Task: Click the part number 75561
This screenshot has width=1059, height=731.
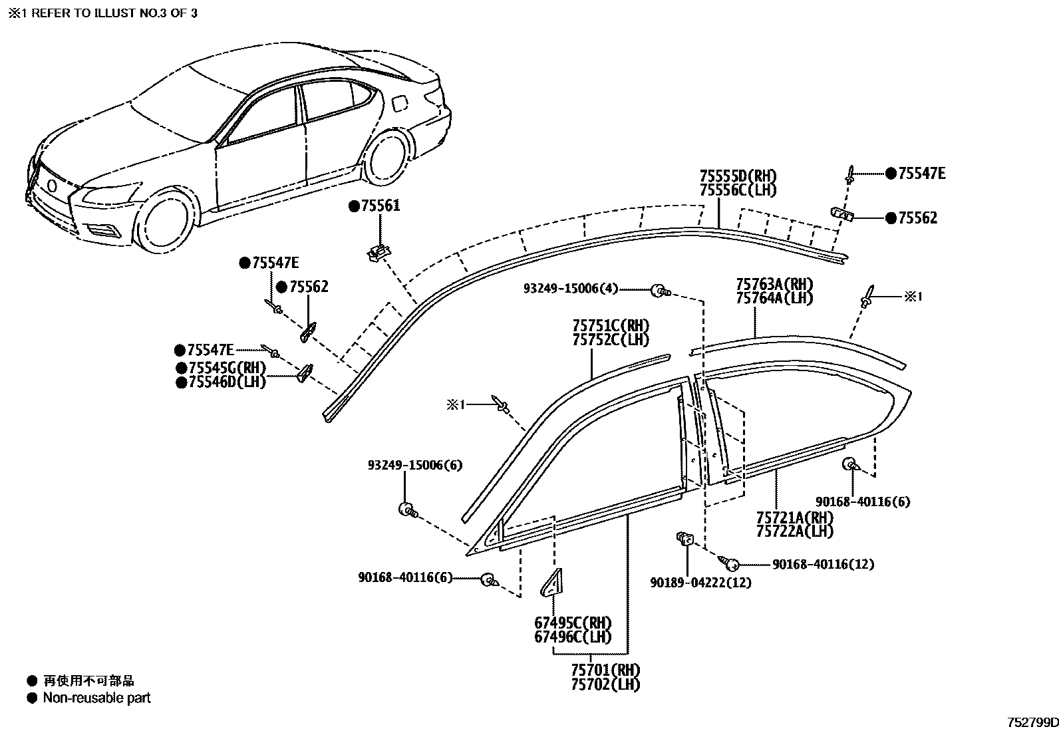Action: pyautogui.click(x=380, y=206)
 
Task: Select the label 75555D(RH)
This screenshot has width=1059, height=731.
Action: pyautogui.click(x=738, y=177)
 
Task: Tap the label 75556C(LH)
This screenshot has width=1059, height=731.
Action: pyautogui.click(x=738, y=190)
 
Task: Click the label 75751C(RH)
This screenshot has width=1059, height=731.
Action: pyautogui.click(x=611, y=326)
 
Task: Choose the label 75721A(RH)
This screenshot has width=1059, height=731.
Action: pyautogui.click(x=795, y=517)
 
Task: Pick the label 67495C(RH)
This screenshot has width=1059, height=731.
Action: pyautogui.click(x=573, y=623)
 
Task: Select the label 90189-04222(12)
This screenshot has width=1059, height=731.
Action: pyautogui.click(x=700, y=583)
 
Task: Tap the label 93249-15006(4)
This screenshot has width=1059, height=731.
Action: pyautogui.click(x=571, y=289)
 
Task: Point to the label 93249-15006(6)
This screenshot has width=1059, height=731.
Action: pyautogui.click(x=415, y=466)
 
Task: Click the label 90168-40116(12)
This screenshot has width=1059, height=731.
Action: pyautogui.click(x=823, y=565)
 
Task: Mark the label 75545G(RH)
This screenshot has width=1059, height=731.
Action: pyautogui.click(x=227, y=368)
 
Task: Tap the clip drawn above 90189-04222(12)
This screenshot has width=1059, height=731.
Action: pyautogui.click(x=684, y=539)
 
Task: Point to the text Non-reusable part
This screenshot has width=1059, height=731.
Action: pyautogui.click(x=97, y=698)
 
